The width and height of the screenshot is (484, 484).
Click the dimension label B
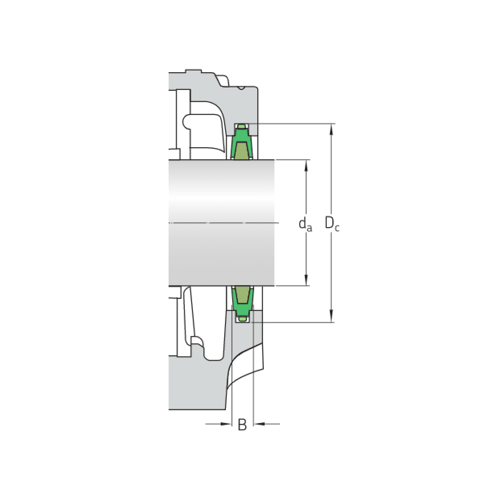pyautogui.click(x=242, y=424)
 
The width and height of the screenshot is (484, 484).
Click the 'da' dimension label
pyautogui.click(x=305, y=224)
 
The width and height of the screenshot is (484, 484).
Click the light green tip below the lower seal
pyautogui.click(x=242, y=319)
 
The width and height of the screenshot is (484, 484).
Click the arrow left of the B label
pyautogui.click(x=226, y=424)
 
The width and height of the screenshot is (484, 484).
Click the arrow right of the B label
pyautogui.click(x=259, y=424)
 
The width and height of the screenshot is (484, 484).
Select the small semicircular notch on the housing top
pyautogui.click(x=241, y=88)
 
